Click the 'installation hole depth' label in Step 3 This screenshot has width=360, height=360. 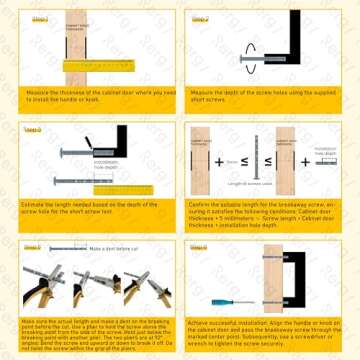(x=109, y=161)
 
